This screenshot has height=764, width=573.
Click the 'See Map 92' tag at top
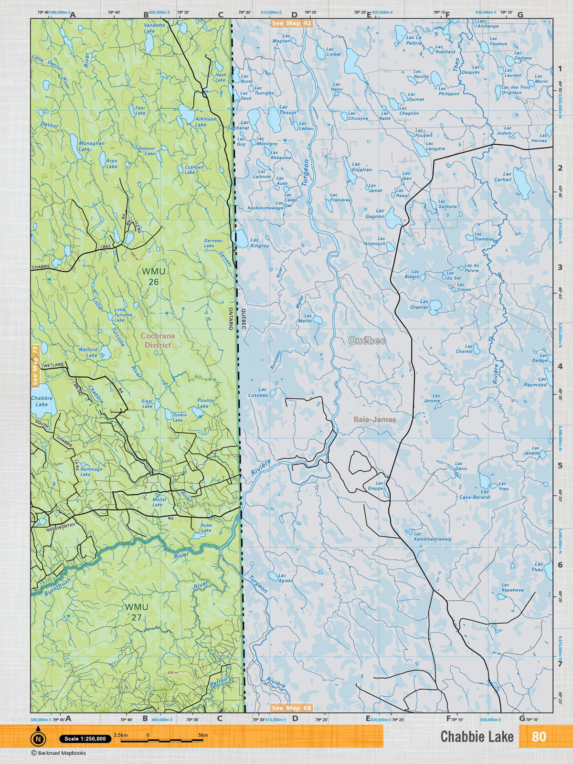tap(291, 23)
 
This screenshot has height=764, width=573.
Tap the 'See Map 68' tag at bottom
tap(291, 708)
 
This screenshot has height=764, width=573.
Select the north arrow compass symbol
tap(38, 739)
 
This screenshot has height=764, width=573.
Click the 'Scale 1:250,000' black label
tap(85, 739)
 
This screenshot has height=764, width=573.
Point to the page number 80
tap(539, 737)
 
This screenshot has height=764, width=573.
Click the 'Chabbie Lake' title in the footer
tap(477, 737)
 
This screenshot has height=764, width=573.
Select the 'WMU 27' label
tap(137, 612)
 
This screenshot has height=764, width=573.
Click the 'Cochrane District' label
tap(158, 340)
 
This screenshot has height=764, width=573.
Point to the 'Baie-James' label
tap(374, 419)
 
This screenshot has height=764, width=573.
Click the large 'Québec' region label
tap(367, 340)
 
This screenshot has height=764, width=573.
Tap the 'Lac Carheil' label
tap(503, 177)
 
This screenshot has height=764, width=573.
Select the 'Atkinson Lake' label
tap(205, 122)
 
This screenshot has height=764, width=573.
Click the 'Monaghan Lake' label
tap(91, 146)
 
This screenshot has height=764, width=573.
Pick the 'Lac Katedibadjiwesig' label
tap(432, 536)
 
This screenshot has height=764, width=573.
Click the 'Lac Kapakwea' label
tap(512, 587)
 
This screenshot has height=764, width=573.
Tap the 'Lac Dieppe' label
tap(376, 486)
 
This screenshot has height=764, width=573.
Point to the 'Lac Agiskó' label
tap(285, 578)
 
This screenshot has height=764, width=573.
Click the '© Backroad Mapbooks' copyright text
tap(59, 753)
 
